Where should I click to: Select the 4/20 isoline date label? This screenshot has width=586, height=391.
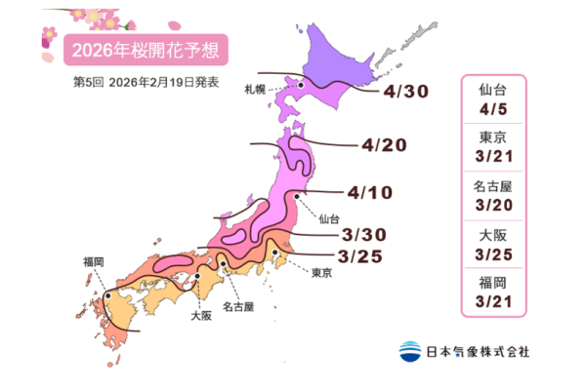(383, 146)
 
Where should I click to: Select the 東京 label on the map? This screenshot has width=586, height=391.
(324, 272)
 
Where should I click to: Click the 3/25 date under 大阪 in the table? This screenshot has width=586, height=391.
(493, 256)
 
